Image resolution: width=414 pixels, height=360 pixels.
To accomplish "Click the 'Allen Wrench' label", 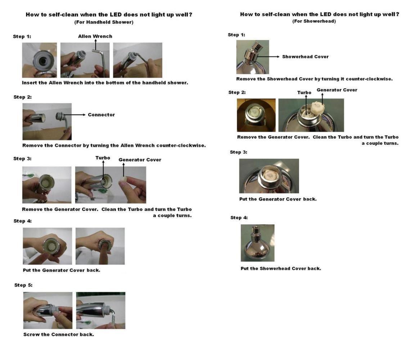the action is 95,36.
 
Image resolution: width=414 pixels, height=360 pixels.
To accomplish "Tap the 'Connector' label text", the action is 102,114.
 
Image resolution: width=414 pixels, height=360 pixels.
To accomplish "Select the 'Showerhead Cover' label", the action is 305,57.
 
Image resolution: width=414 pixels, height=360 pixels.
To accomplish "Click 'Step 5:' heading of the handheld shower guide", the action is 23,285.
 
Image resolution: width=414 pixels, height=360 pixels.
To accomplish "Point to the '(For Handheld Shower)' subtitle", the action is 104,22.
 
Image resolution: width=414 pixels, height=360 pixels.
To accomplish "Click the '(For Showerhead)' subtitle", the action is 314,21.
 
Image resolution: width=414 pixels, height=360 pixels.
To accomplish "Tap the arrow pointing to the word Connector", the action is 75,114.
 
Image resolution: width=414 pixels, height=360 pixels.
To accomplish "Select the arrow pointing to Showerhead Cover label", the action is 268,57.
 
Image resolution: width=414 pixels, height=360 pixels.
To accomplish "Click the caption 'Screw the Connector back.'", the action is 59,334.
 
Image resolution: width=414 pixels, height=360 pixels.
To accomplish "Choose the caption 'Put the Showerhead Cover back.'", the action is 281,268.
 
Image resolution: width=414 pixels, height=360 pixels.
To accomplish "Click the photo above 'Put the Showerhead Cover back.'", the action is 257,243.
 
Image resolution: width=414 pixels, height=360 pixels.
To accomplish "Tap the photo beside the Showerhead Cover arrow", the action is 253,57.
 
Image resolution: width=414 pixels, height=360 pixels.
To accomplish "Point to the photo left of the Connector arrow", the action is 47,121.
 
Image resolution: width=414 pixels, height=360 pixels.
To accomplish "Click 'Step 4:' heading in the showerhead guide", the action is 239,218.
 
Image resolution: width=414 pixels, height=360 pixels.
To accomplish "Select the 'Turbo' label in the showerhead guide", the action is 304,93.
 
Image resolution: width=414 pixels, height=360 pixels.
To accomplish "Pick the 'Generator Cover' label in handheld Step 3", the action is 140,160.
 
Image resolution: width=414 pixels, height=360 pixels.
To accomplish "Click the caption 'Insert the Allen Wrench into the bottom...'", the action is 105,83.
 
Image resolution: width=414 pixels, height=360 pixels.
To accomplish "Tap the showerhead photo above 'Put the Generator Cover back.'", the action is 269,176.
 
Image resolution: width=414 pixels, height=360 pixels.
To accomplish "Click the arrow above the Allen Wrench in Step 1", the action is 95,45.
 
